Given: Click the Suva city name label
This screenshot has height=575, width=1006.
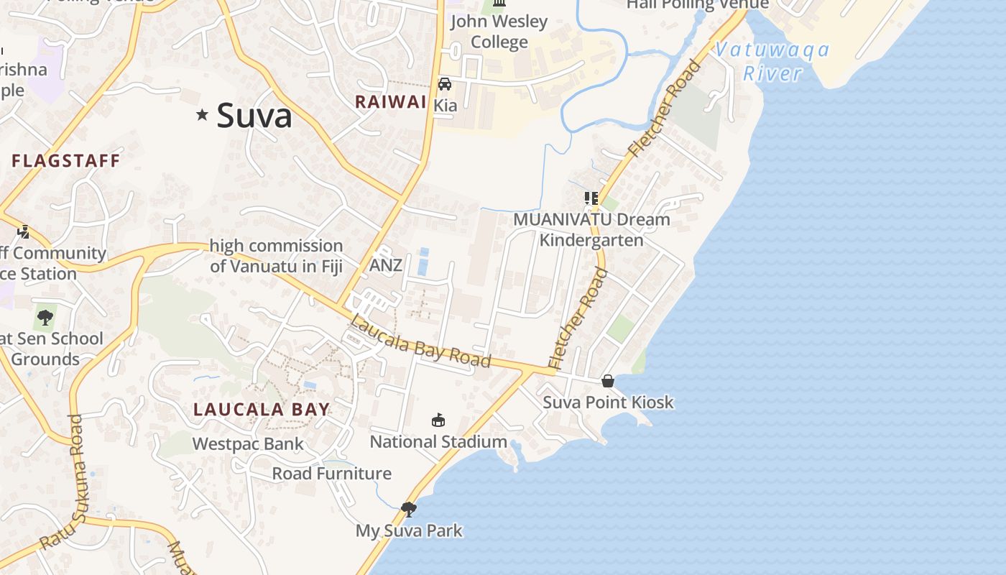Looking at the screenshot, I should [254, 116].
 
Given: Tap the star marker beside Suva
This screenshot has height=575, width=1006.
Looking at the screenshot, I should [202, 114].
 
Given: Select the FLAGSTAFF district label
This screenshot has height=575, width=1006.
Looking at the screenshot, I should [66, 161].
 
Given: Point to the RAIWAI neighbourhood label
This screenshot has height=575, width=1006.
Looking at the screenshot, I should [391, 102].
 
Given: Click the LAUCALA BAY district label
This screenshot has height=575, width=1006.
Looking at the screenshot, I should [262, 410].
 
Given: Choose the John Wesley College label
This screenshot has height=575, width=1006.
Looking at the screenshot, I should [499, 32].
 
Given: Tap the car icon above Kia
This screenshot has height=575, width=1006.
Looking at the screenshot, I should [445, 84].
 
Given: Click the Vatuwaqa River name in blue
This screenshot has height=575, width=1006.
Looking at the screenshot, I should [772, 62].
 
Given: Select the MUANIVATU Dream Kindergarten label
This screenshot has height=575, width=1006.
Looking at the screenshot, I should [591, 229].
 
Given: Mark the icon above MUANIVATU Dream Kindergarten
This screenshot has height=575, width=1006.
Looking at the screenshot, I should [591, 198].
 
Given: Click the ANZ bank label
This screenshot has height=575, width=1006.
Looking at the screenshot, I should [386, 265].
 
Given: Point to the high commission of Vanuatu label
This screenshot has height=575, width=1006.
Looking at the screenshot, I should [276, 256].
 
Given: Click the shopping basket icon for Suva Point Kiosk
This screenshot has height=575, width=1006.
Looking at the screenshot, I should [608, 381].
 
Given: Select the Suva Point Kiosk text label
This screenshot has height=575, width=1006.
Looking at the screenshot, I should [608, 402].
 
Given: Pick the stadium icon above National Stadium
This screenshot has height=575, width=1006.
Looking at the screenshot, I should [438, 420].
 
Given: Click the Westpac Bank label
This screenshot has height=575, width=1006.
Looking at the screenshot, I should [248, 444].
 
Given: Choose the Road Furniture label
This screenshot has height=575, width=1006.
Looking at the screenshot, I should [331, 474].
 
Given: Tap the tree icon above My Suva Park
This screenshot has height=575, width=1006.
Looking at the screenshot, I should [409, 510].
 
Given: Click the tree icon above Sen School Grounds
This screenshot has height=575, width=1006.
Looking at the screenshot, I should [45, 317].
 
